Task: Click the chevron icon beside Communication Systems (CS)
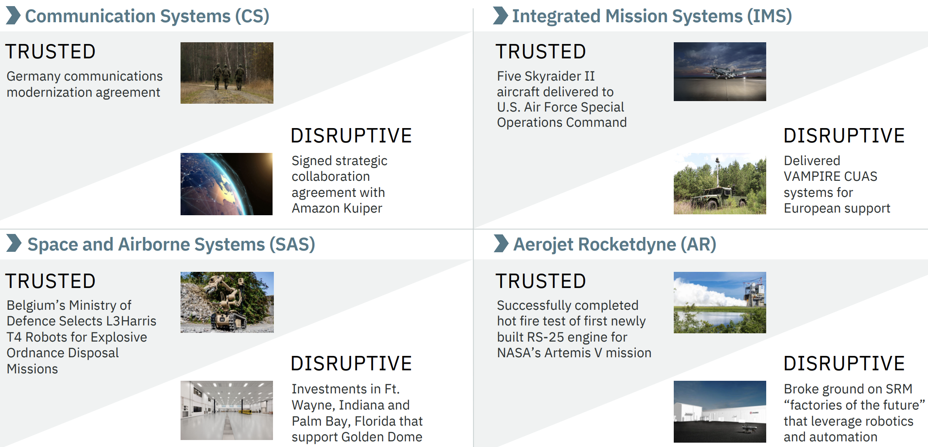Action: click(14, 15)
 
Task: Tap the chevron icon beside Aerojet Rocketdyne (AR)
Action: click(502, 244)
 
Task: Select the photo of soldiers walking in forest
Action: click(227, 73)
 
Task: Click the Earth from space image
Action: click(226, 184)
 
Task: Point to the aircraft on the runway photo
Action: click(720, 71)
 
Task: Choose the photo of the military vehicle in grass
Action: click(720, 183)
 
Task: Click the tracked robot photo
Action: click(227, 302)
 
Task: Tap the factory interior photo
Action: click(227, 410)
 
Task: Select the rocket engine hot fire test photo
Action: click(720, 302)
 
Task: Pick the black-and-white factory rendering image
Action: click(720, 412)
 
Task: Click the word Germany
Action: click(34, 77)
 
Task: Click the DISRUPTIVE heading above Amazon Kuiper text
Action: click(351, 135)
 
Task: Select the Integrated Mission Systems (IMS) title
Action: click(652, 16)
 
